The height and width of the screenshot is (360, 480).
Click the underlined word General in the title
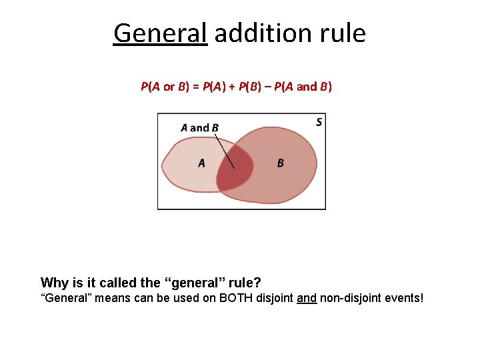point(161,32)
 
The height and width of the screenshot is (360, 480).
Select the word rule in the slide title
point(342,32)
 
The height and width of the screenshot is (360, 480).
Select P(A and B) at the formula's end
point(303,87)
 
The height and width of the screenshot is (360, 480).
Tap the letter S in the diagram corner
point(319,122)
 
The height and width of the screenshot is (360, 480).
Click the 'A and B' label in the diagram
point(199,127)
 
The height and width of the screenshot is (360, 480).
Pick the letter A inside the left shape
point(201,163)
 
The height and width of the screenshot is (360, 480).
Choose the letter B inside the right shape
point(280,163)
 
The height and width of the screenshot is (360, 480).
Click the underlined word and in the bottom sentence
point(307,298)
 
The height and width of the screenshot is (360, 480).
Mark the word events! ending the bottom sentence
point(405,298)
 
